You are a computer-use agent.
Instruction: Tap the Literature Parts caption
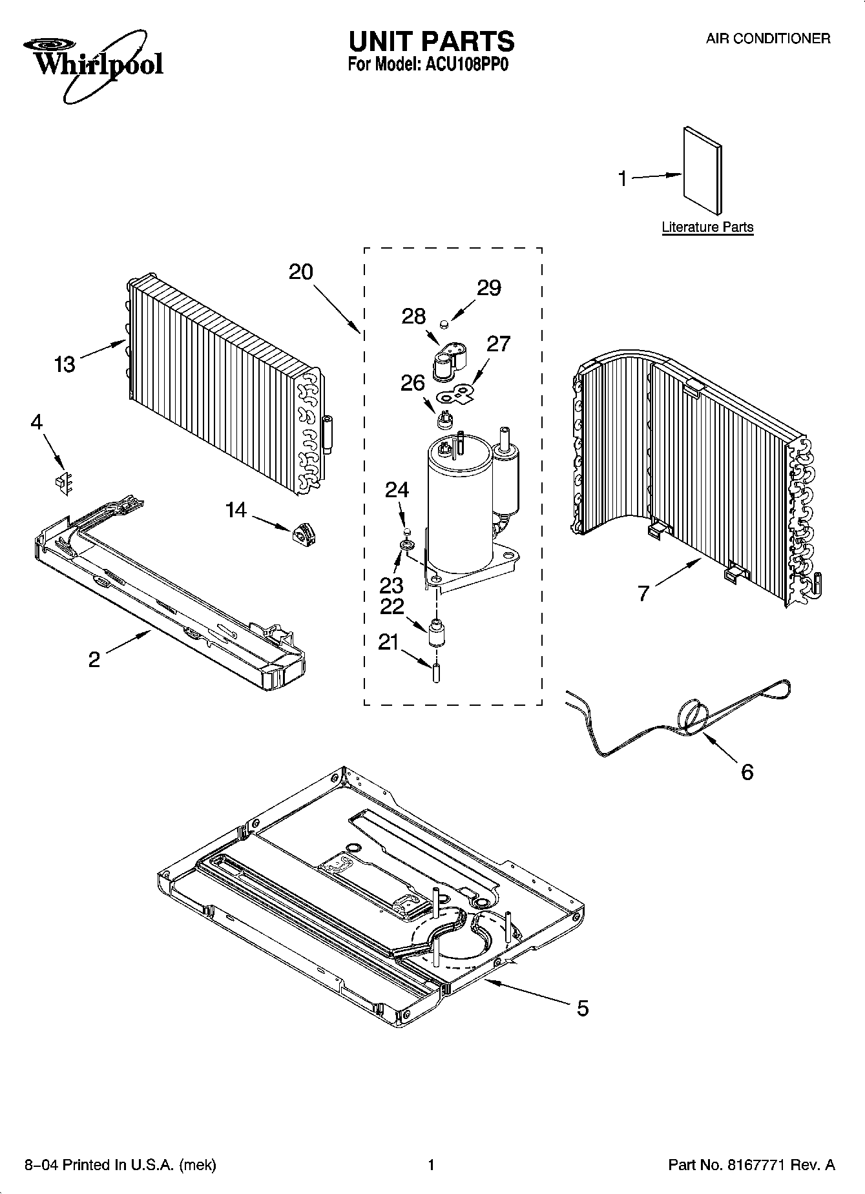tap(707, 227)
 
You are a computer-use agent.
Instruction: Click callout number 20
tap(300, 272)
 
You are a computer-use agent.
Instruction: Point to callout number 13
tap(65, 364)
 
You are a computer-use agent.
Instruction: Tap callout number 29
tap(489, 288)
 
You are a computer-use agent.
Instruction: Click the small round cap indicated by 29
tap(445, 322)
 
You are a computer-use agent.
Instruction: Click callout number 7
tap(643, 593)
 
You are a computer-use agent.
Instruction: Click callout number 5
tap(583, 1009)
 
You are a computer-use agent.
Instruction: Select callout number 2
tap(94, 659)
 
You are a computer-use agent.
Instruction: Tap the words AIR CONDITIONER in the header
tap(767, 39)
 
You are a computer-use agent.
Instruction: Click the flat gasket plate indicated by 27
tap(457, 393)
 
